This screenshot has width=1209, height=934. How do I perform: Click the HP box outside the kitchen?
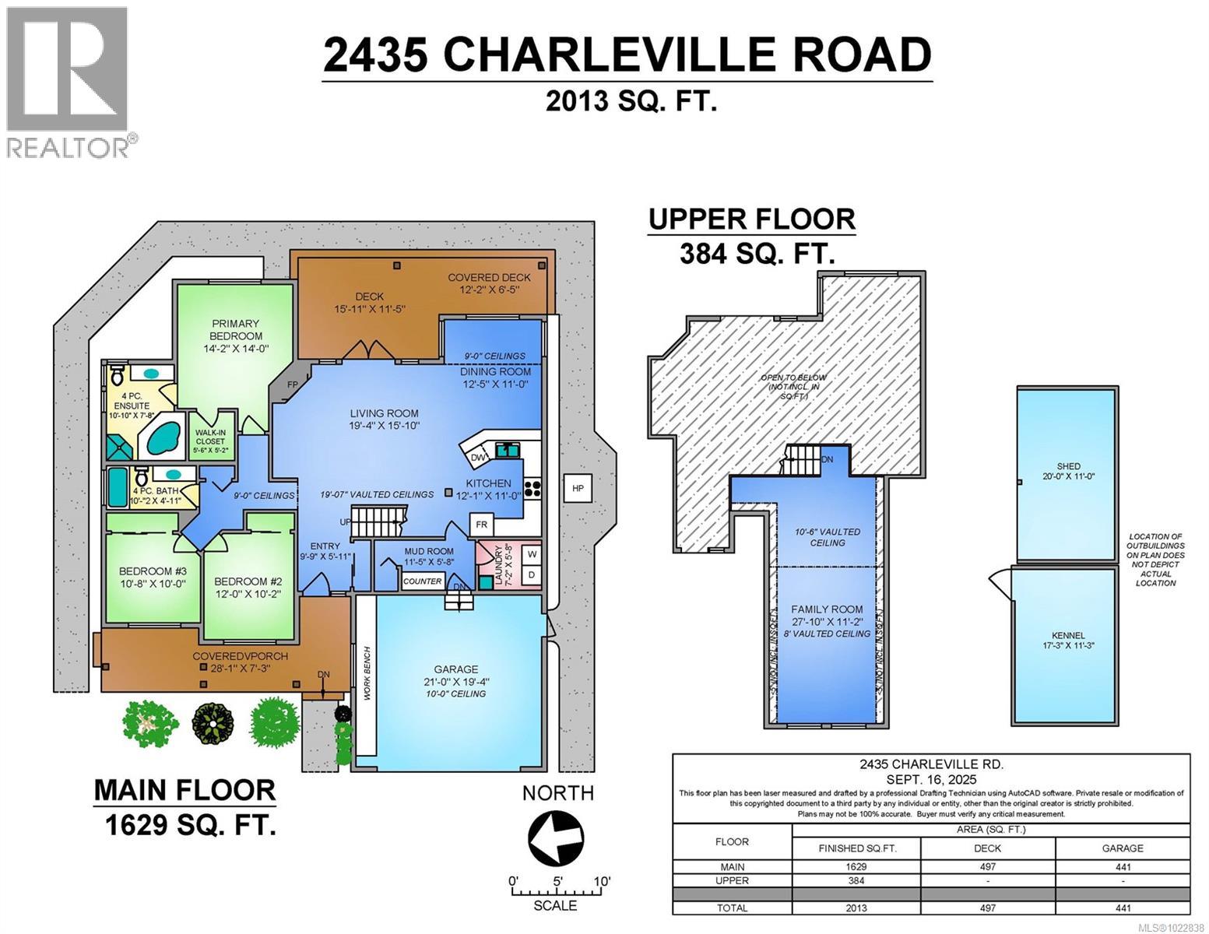[577, 488]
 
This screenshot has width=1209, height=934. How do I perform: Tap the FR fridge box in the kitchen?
[482, 524]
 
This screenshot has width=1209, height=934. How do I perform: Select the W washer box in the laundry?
[532, 554]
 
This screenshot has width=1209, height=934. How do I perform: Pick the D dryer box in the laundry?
[532, 575]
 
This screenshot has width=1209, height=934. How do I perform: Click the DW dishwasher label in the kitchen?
[480, 456]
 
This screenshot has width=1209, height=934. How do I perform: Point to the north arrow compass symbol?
[556, 838]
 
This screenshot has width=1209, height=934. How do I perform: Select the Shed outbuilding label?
[1068, 472]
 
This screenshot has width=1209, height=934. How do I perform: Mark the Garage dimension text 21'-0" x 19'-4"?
[457, 682]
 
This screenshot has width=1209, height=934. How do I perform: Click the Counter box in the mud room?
[423, 581]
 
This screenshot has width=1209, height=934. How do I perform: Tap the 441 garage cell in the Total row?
[1122, 908]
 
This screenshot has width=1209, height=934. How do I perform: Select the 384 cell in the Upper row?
[856, 881]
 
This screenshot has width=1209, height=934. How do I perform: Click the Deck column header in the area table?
[987, 848]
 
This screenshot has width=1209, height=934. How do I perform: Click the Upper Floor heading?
[752, 219]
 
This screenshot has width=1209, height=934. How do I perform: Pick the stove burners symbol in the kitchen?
[533, 488]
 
